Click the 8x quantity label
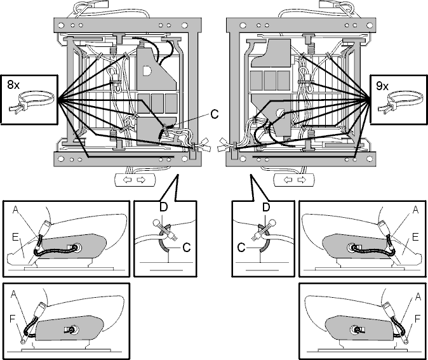coord(13,84)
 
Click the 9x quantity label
coord(382,86)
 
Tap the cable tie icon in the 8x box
coord(31,102)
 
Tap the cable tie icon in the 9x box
coord(401,102)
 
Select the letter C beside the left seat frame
coord(215,114)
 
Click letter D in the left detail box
coord(163,208)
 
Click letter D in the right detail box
coord(266,208)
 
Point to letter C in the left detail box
coord(187,248)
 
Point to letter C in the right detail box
coord(241,248)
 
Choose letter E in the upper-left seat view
coord(15,237)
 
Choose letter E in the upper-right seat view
coord(415,237)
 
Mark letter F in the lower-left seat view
coord(13,319)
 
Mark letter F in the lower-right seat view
coord(417,319)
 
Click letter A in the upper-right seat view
coord(415,210)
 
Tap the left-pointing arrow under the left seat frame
coord(128,180)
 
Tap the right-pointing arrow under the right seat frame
coord(302,180)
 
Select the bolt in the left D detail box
coord(166,229)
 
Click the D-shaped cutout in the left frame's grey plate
coord(147,70)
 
